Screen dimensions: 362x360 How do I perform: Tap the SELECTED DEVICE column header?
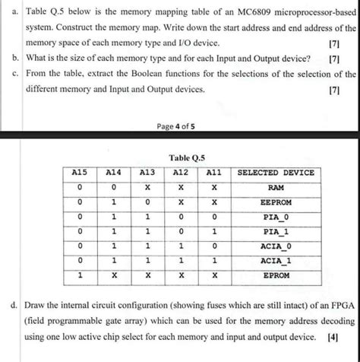(x=276, y=173)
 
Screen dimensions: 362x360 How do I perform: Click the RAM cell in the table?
(x=276, y=187)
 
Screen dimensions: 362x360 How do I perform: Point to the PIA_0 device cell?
(x=276, y=218)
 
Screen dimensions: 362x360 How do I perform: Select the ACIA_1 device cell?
(x=276, y=261)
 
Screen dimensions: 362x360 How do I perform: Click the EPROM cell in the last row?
(x=276, y=276)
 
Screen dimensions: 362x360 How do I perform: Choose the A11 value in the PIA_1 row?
(x=216, y=232)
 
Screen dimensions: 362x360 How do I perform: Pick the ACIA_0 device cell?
(x=276, y=246)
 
